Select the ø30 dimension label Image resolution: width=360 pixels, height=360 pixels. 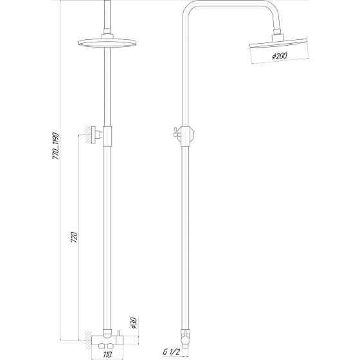(133, 322)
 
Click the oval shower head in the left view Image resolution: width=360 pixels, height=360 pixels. (104, 44)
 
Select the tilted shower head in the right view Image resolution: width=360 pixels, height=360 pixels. (280, 47)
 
